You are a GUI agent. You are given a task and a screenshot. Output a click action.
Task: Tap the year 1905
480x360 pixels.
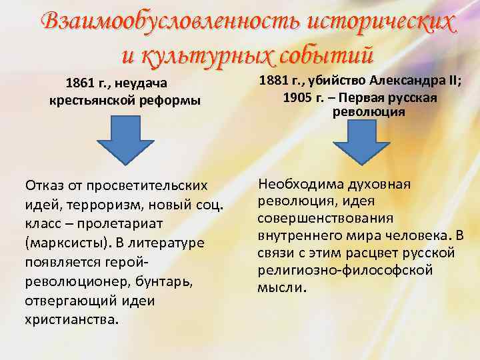297,97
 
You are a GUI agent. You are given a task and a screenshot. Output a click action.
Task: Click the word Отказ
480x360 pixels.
43,184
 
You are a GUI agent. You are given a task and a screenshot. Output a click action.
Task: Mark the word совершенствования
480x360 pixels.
325,218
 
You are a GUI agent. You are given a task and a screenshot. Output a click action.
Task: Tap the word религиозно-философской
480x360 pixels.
345,270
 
